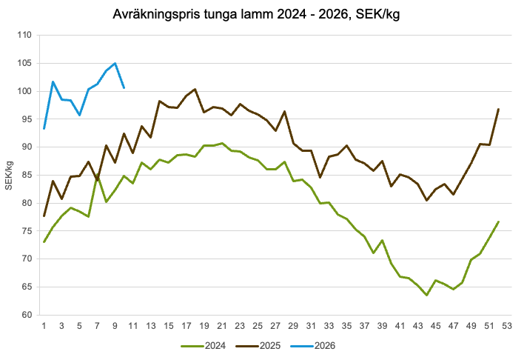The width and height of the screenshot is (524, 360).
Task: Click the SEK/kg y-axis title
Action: click(x=10, y=175)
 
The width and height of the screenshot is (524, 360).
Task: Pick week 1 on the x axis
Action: click(x=44, y=327)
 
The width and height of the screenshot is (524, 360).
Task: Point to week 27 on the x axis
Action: click(x=275, y=327)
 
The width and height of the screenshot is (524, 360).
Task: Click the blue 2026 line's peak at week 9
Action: click(x=115, y=64)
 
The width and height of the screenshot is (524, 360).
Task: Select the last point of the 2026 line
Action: click(x=124, y=87)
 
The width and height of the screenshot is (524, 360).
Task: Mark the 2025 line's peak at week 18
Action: click(x=195, y=90)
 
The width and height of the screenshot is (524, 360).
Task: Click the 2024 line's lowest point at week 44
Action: click(x=427, y=295)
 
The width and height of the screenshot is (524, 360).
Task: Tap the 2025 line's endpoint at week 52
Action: click(x=498, y=110)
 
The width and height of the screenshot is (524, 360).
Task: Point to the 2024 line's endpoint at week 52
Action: click(x=498, y=222)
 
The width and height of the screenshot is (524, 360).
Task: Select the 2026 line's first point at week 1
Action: click(x=44, y=129)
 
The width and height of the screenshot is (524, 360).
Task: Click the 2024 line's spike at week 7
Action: click(x=98, y=176)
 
